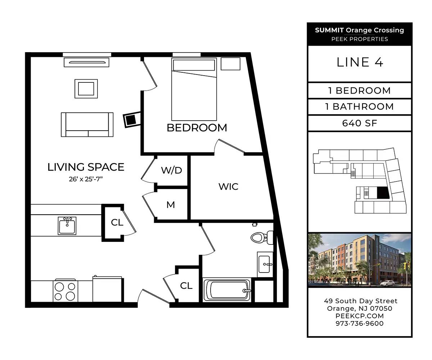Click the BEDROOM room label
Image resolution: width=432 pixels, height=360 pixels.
pyautogui.click(x=197, y=128)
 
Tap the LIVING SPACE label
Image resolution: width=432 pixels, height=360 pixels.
pyautogui.click(x=86, y=167)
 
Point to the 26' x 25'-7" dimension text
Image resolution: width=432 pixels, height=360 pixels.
pyautogui.click(x=86, y=179)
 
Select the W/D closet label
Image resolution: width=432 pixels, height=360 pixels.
pyautogui.click(x=171, y=170)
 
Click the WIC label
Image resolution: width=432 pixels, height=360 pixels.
pyautogui.click(x=228, y=186)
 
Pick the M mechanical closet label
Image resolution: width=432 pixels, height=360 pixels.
pyautogui.click(x=171, y=205)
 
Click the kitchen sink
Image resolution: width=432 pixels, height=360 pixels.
pyautogui.click(x=67, y=226)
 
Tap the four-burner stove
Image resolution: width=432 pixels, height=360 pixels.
pyautogui.click(x=66, y=291)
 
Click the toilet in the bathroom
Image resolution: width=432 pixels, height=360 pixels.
pyautogui.click(x=262, y=238)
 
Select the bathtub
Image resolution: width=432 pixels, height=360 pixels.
pyautogui.click(x=228, y=290)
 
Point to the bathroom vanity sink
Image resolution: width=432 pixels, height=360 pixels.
pyautogui.click(x=265, y=264)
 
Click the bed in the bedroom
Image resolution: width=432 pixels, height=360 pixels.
pyautogui.click(x=194, y=89)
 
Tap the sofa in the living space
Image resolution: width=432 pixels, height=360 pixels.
pyautogui.click(x=87, y=125)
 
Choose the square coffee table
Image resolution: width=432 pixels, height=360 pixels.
pyautogui.click(x=86, y=89)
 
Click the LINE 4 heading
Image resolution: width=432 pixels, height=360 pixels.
pyautogui.click(x=360, y=62)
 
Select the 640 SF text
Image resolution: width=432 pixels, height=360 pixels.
pyautogui.click(x=360, y=123)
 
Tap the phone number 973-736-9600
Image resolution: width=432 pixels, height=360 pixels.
pyautogui.click(x=360, y=323)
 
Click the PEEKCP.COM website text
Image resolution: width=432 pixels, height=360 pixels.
pyautogui.click(x=360, y=316)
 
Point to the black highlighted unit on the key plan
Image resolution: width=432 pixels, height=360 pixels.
pyautogui.click(x=383, y=193)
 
